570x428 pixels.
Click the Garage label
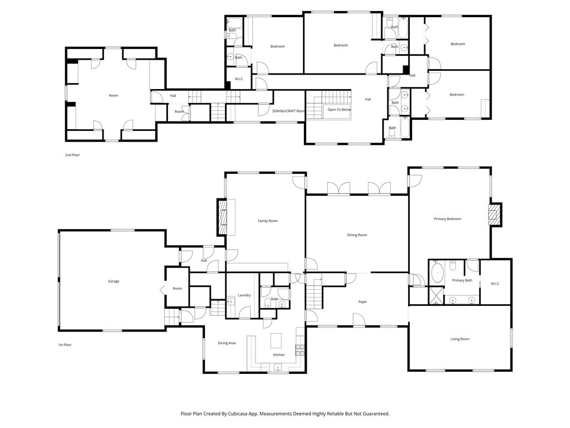coord(114,281)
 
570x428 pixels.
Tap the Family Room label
coord(268,221)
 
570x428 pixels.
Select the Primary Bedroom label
coord(448,219)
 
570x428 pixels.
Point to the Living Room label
coord(460,339)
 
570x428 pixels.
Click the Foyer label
coord(362,301)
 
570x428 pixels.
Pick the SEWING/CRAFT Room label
coord(288,111)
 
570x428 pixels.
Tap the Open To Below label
coord(339,110)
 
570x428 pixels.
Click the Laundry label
coord(244,295)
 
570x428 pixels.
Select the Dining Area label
coord(227,343)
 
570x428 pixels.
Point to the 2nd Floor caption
coord(72,155)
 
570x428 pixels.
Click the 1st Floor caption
coord(65,345)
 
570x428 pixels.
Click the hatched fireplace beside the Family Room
coord(222,217)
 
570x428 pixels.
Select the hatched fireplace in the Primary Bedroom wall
coord(494,215)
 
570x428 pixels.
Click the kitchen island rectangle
coord(276,341)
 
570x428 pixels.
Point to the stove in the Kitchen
coord(299,350)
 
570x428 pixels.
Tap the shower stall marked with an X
coord(436,295)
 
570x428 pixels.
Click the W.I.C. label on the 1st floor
coord(495,284)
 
